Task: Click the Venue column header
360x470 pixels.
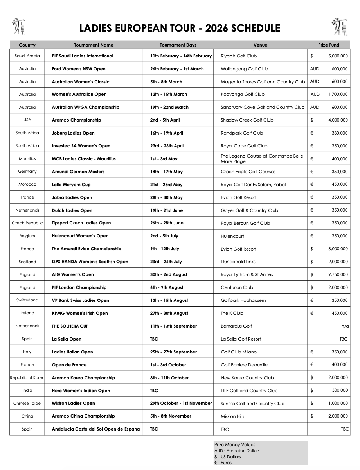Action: pyautogui.click(x=260, y=45)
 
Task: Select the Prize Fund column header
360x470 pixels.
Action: pyautogui.click(x=329, y=45)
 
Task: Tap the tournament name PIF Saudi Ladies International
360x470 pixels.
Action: pyautogui.click(x=83, y=56)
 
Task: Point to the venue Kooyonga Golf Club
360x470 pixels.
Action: pyautogui.click(x=243, y=94)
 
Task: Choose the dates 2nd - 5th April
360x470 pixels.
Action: pyautogui.click(x=165, y=120)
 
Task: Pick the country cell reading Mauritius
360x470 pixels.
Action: pyautogui.click(x=27, y=159)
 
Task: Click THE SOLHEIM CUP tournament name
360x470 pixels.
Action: pyautogui.click(x=73, y=326)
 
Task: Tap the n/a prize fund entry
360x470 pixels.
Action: pyautogui.click(x=345, y=326)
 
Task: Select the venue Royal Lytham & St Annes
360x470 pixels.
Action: pyautogui.click(x=247, y=274)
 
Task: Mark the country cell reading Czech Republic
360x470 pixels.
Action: pyautogui.click(x=27, y=223)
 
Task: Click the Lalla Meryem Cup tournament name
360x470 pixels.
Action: pyautogui.click(x=71, y=185)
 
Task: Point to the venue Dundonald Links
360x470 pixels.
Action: pyautogui.click(x=238, y=262)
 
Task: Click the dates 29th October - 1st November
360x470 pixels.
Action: pyautogui.click(x=181, y=403)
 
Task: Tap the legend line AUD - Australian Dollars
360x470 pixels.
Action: pyautogui.click(x=237, y=450)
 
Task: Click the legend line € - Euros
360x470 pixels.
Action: pyautogui.click(x=223, y=463)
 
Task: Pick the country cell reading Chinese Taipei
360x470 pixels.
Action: pyautogui.click(x=27, y=403)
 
